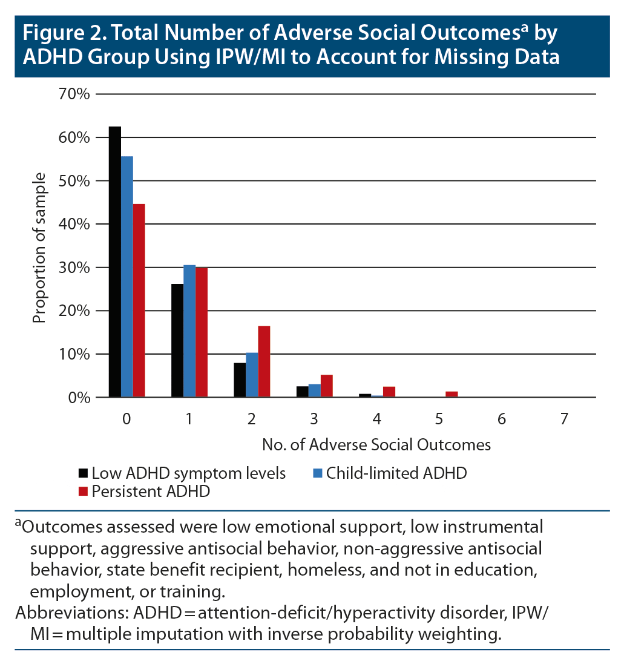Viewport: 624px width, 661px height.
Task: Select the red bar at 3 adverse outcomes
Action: coord(327,386)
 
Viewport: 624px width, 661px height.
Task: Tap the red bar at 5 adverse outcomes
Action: coord(452,395)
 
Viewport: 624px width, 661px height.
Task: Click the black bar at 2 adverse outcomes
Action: coord(240,380)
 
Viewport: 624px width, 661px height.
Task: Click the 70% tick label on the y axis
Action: coord(75,94)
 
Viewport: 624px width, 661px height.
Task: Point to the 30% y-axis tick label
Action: coord(75,268)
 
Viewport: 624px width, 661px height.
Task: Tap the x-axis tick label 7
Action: coord(564,419)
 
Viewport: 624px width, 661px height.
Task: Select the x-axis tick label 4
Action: coord(376,419)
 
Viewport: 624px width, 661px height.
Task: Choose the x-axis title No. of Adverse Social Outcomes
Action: coord(376,445)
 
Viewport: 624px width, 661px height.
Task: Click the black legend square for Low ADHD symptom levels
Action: coord(83,473)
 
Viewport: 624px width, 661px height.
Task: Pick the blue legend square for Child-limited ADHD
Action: coord(317,473)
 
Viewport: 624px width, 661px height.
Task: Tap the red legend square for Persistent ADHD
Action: coord(83,491)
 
